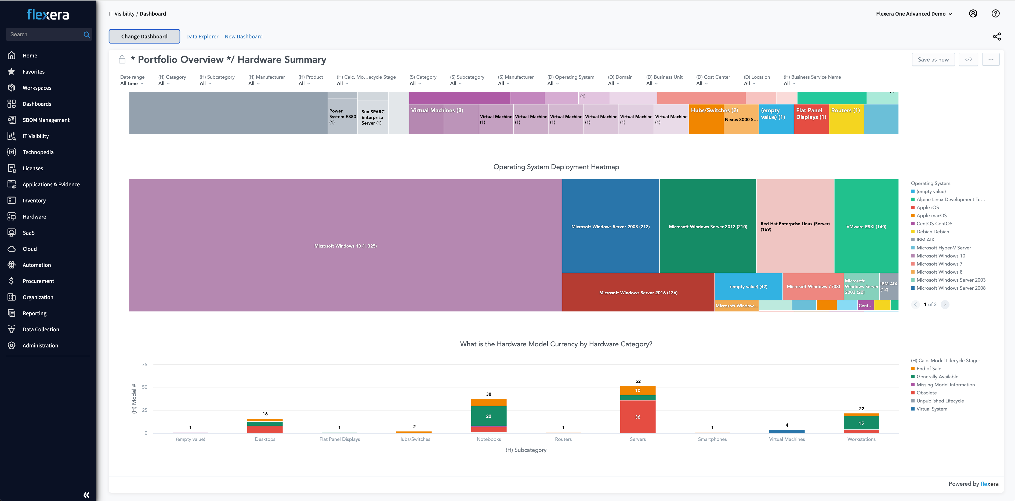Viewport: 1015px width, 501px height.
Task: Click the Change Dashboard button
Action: [x=144, y=36]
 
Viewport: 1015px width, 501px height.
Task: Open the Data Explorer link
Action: [x=202, y=37]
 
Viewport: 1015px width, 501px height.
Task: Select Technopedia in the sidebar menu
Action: [x=38, y=152]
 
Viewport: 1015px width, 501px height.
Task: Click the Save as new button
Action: [x=933, y=60]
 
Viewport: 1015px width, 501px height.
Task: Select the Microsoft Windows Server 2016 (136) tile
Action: [x=638, y=292]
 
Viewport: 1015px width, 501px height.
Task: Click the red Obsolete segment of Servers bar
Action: [x=637, y=417]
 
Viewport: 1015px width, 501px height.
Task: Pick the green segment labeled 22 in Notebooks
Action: [x=489, y=416]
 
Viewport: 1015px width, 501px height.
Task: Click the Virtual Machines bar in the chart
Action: [x=786, y=431]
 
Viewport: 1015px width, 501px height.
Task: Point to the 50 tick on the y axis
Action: [x=145, y=387]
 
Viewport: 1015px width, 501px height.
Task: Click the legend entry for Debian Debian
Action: [x=932, y=232]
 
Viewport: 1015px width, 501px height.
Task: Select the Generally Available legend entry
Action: [x=937, y=376]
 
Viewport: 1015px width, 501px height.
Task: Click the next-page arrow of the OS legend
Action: [x=944, y=304]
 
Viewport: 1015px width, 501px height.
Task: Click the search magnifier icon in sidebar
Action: [x=87, y=35]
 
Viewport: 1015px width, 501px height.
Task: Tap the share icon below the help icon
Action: [x=996, y=37]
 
